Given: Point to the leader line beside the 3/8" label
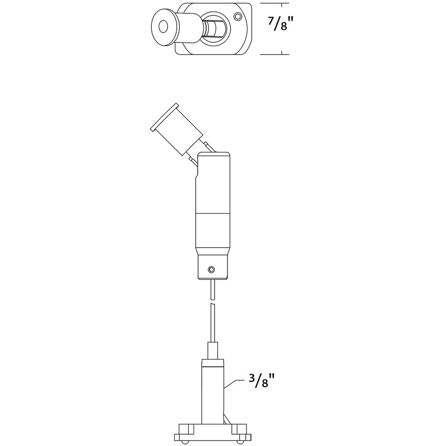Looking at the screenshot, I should [x=234, y=385].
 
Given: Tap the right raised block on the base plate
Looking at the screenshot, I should [x=240, y=429].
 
